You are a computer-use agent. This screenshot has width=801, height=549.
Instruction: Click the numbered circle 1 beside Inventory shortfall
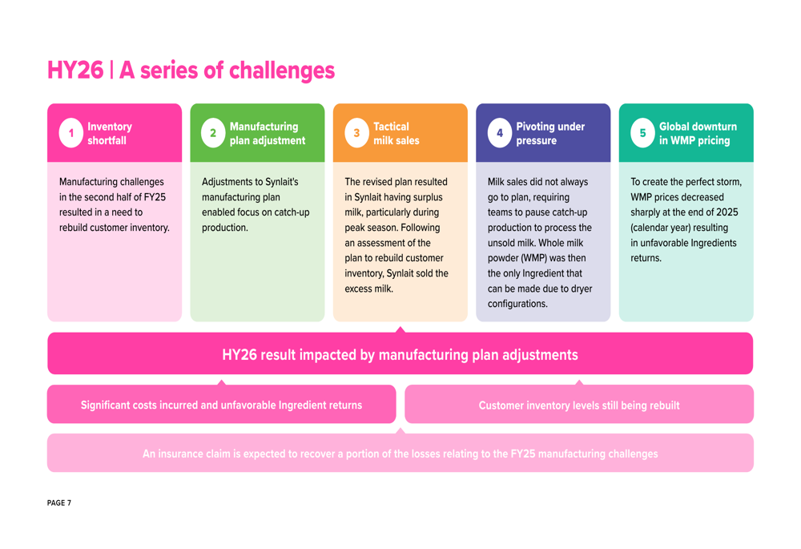pos(71,133)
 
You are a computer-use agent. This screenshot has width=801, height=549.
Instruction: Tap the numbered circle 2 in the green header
pos(213,133)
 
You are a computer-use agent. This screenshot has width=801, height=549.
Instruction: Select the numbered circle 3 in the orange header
pos(356,133)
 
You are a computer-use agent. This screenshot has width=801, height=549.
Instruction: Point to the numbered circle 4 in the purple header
pos(500,133)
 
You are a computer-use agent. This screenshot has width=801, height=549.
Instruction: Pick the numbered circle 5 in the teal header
pos(642,133)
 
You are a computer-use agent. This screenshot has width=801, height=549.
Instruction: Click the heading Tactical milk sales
pos(396,133)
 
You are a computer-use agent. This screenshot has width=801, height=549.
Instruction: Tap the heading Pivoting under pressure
pos(550,133)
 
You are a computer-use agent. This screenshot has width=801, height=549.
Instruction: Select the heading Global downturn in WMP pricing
pos(698,133)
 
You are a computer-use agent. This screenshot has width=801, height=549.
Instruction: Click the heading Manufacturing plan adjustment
pos(268,133)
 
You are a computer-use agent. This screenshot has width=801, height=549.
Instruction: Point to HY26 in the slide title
pos(75,70)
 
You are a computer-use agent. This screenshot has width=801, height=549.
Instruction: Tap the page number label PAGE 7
pos(59,503)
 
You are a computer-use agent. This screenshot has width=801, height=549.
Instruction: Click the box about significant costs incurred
pos(221,405)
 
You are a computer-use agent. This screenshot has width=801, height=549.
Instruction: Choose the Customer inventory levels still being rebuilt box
pos(579,405)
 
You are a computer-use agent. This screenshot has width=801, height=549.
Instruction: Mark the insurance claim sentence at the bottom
pos(400,454)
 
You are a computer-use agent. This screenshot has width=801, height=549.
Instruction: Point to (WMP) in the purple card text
pos(533,258)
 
